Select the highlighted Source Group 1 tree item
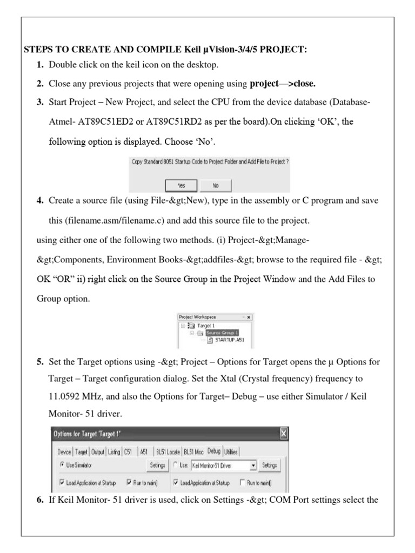pyautogui.click(x=222, y=333)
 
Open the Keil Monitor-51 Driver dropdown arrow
pyautogui.click(x=253, y=465)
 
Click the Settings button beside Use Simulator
pyautogui.click(x=157, y=465)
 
